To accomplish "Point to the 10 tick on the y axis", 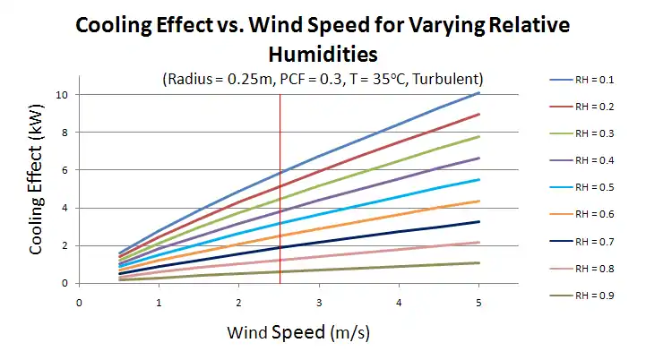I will pos(62,94).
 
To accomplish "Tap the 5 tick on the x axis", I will pos(480,303).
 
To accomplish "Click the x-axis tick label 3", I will pos(320,303).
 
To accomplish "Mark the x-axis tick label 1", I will pos(159,303).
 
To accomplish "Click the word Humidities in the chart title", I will pos(323,54).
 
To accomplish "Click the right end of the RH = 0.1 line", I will pos(479,92).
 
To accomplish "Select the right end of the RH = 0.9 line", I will pos(479,262).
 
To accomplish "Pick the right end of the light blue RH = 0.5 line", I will pos(479,179).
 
